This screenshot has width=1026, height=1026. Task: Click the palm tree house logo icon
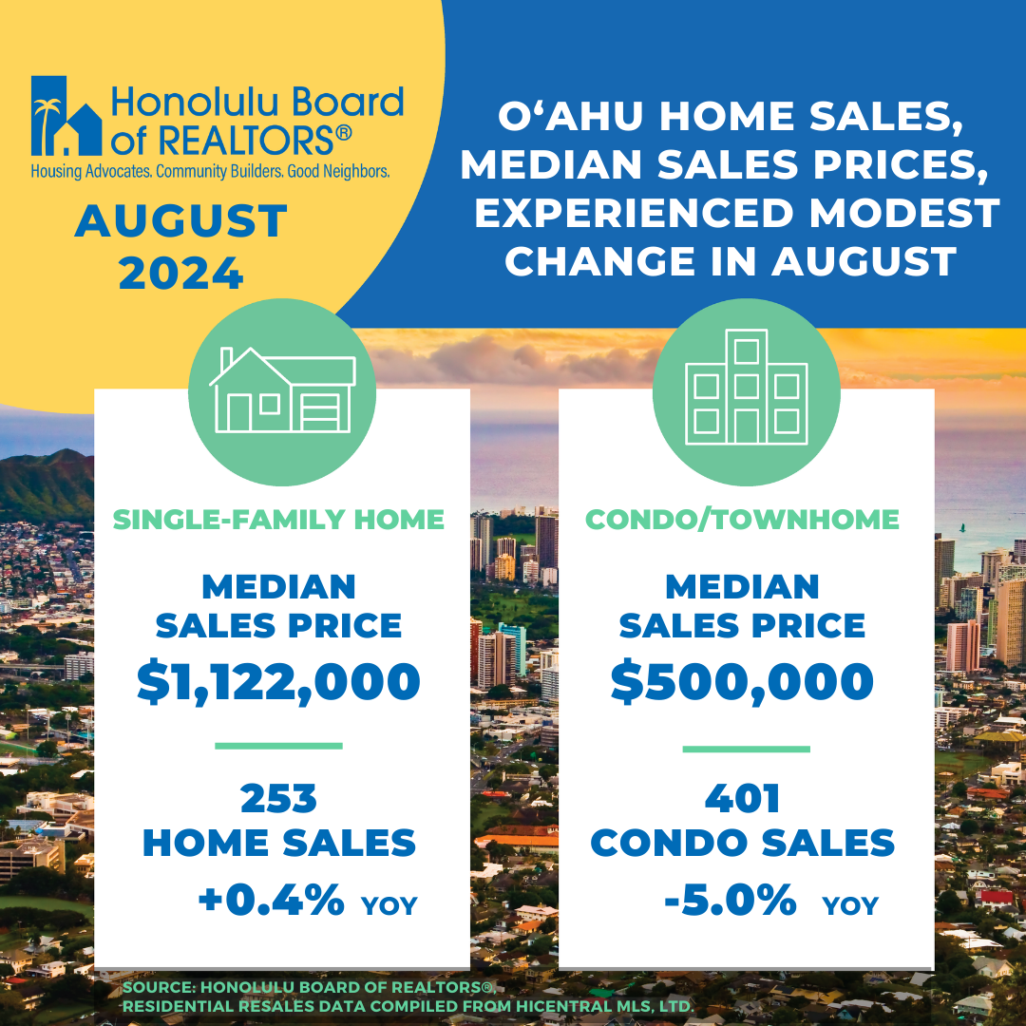coord(66,116)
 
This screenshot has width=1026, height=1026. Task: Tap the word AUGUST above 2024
coord(181,220)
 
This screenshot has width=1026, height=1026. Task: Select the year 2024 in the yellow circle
coord(181,274)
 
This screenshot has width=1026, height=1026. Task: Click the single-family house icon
coord(282,390)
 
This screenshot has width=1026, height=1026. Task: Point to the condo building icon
coord(746,388)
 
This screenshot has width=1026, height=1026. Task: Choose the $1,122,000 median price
coord(278,682)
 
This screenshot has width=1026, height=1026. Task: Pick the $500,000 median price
coord(742,682)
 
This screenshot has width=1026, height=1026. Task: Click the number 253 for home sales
coord(278,799)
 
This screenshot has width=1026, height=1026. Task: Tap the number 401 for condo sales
coord(742,799)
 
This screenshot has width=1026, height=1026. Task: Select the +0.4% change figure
coord(271,900)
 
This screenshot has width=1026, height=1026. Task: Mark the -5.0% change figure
coord(731,900)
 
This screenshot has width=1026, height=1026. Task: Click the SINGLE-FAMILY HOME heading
coord(278,520)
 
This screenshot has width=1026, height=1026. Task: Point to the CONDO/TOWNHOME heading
coord(742,520)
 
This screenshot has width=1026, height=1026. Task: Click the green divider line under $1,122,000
coord(278,746)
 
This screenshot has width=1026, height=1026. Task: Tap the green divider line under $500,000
coord(746,750)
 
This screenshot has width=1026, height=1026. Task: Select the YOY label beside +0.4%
coord(389,906)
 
